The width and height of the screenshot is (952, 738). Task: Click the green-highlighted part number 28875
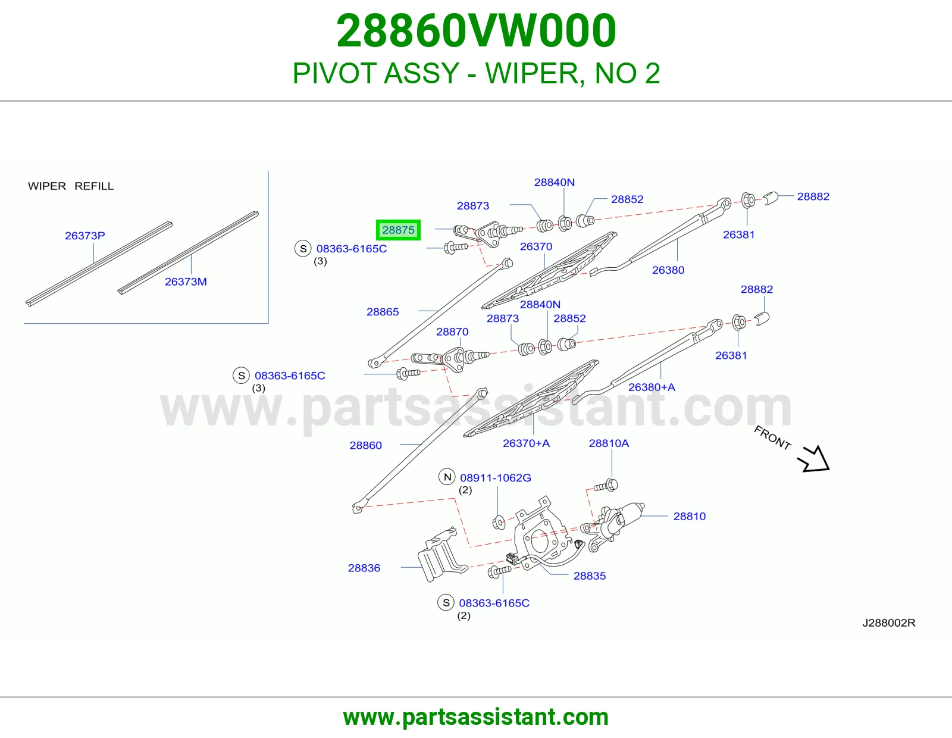point(398,230)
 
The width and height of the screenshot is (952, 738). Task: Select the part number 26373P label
point(85,236)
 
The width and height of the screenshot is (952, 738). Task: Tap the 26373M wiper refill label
point(186,282)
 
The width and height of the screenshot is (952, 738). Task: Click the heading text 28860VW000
point(476,30)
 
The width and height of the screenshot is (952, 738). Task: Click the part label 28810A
point(609,443)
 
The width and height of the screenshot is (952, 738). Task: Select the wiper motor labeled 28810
point(613,526)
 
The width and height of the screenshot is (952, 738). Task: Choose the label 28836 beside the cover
point(364,568)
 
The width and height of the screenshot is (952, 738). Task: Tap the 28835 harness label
point(590,576)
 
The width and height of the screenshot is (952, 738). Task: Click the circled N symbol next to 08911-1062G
point(447,477)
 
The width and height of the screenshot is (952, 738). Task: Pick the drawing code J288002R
point(889,623)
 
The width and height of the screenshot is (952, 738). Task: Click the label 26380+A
point(652,387)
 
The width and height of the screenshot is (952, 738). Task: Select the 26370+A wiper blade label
point(526,443)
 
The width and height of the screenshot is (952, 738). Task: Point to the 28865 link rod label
point(383,312)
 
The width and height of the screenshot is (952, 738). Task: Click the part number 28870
point(452,332)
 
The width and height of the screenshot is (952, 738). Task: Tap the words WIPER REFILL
point(71,186)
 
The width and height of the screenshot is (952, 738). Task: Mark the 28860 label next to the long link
point(366,445)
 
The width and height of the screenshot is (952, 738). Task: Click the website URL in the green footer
point(476,717)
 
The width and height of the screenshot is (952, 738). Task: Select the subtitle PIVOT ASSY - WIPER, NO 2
point(476,73)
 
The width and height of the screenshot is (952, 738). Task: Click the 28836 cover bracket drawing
point(443,554)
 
